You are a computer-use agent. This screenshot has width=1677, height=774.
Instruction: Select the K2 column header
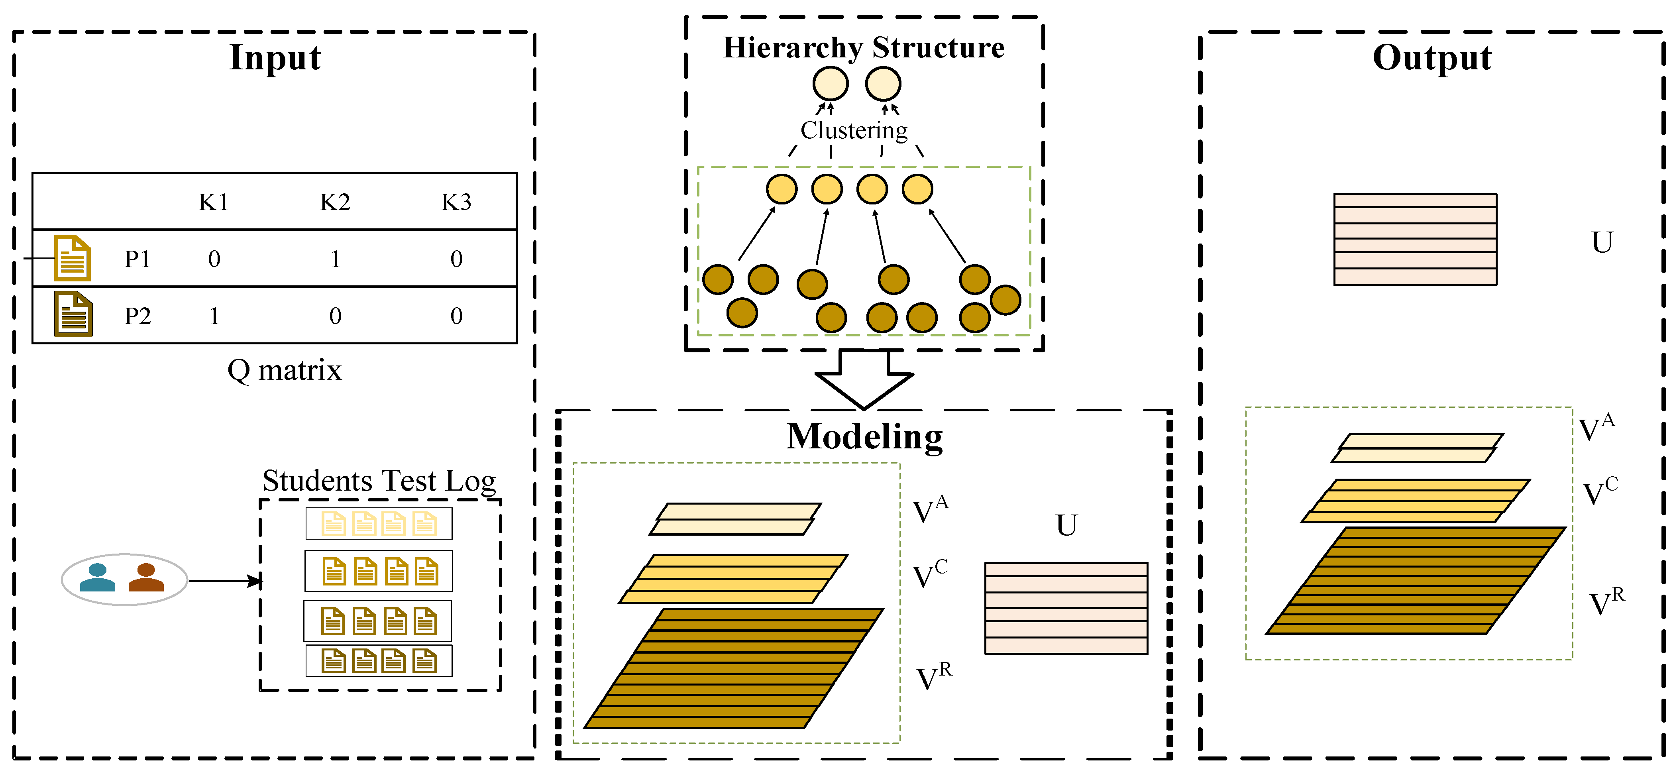[335, 202]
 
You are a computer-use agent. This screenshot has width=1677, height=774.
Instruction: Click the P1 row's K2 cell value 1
[335, 259]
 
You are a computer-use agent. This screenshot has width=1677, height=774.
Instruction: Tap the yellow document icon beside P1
[72, 258]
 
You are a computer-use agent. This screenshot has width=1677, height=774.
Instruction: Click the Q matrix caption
[285, 370]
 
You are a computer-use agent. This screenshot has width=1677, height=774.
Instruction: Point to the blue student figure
[98, 578]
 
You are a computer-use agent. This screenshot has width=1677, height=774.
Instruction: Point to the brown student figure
[147, 578]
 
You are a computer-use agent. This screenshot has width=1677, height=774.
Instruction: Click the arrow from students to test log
[225, 581]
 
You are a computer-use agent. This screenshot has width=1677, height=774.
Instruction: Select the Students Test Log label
[379, 481]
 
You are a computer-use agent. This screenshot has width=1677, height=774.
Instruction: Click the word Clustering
[854, 130]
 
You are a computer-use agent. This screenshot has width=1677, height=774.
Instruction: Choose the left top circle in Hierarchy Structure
[830, 84]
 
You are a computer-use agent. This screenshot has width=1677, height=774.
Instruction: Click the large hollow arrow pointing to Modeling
[864, 381]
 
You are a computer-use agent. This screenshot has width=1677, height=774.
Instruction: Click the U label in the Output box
[1602, 242]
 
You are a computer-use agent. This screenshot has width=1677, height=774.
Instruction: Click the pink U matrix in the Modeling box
[1066, 608]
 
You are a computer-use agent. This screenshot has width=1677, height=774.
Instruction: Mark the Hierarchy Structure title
[864, 47]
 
